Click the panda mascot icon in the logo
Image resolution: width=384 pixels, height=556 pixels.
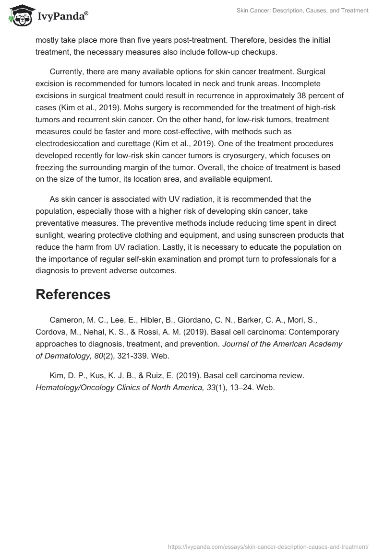[19, 16]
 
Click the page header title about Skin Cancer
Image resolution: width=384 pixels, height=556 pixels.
[302, 11]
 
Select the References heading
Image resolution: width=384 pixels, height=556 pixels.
[73, 295]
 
